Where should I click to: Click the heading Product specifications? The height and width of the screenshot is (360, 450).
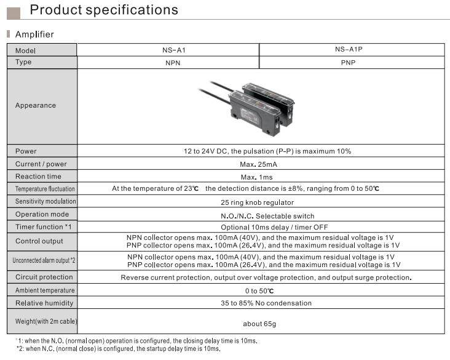(104, 10)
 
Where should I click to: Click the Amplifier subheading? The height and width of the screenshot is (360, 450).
(34, 34)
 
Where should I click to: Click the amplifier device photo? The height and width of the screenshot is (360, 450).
(247, 108)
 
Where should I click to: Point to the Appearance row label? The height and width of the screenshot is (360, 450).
(36, 105)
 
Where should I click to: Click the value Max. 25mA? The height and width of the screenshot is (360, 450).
(259, 164)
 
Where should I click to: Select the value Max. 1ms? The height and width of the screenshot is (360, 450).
(256, 177)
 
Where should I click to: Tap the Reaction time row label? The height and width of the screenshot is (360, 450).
(38, 177)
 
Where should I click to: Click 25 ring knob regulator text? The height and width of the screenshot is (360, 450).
(257, 202)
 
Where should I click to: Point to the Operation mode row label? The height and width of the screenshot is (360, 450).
(42, 214)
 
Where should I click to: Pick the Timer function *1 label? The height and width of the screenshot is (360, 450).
(43, 227)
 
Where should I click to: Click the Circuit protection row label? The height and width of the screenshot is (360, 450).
(44, 277)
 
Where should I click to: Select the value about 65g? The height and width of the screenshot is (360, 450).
(259, 324)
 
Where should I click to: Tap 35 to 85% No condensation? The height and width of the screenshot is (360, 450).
(266, 303)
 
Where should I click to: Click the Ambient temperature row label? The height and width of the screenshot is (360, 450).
(45, 290)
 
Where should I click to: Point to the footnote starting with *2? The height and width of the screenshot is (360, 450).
(119, 349)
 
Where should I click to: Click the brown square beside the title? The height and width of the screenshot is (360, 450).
(14, 14)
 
